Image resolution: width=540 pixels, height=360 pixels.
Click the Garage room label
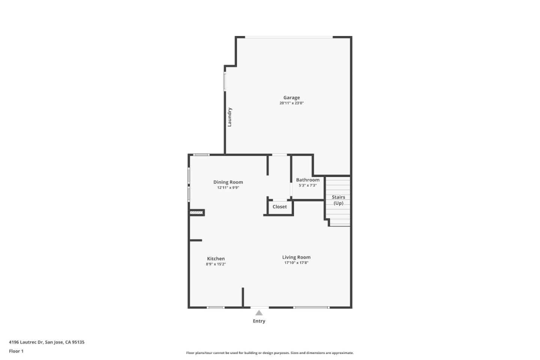click(x=291, y=97)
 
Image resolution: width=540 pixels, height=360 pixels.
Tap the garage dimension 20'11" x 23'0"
click(x=291, y=103)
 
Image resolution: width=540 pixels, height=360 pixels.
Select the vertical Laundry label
click(x=229, y=117)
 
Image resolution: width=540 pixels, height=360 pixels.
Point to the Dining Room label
click(x=228, y=182)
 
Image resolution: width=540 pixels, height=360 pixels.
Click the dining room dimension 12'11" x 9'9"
click(x=228, y=188)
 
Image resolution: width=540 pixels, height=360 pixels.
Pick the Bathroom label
click(x=307, y=180)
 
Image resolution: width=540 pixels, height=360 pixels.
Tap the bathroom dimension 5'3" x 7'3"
click(x=307, y=185)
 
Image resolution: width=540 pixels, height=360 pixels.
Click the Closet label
click(x=279, y=207)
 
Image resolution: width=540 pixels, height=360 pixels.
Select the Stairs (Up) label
click(x=338, y=200)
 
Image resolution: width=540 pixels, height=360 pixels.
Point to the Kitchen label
click(x=216, y=259)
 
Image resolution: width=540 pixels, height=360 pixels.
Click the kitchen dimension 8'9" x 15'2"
click(x=216, y=264)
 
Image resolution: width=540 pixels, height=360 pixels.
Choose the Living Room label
click(x=296, y=257)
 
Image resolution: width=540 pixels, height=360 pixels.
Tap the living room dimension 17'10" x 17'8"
click(x=296, y=263)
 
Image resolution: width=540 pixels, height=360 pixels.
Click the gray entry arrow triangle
click(x=259, y=313)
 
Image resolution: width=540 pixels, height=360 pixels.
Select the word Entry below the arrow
click(x=259, y=321)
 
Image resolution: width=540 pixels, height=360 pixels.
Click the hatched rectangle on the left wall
click(x=196, y=213)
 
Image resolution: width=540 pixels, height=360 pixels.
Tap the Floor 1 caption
click(x=16, y=351)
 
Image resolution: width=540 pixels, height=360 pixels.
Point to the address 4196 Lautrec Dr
click(x=46, y=342)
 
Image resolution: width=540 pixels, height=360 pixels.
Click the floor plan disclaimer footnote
click(x=270, y=353)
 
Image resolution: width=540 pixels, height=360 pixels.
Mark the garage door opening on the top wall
click(x=289, y=37)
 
